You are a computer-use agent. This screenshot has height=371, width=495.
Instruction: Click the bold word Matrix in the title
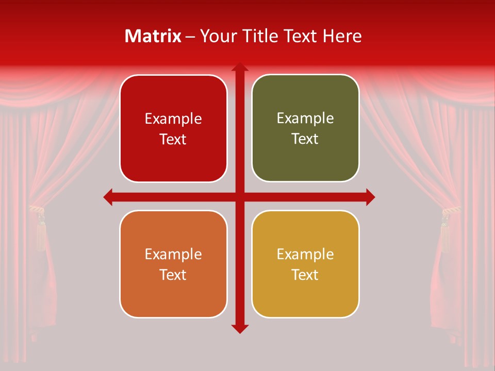153,36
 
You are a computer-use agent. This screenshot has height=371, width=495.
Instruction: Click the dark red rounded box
173,128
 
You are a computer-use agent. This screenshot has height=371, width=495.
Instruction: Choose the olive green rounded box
305,128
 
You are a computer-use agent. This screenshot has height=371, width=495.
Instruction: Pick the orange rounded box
173,264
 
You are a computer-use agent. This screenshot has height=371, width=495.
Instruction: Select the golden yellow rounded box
305,264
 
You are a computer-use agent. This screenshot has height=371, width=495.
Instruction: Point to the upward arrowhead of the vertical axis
239,68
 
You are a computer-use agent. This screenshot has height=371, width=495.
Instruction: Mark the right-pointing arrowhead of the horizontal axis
370,197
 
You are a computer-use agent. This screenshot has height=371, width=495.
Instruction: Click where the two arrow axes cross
239,197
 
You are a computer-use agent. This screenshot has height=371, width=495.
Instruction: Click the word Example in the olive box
305,119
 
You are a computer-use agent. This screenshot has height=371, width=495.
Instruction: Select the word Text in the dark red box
173,140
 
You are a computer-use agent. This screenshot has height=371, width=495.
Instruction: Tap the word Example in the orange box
173,254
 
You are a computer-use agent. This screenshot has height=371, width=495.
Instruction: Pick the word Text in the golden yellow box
305,275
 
